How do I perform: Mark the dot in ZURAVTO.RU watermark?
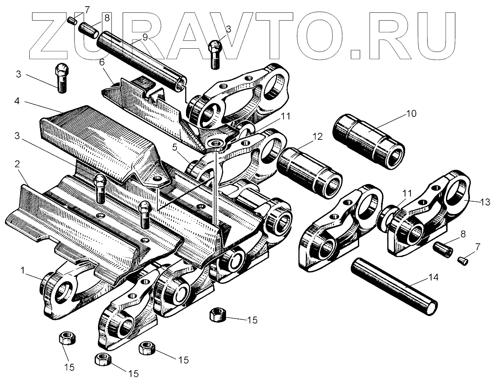[x=356, y=53]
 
